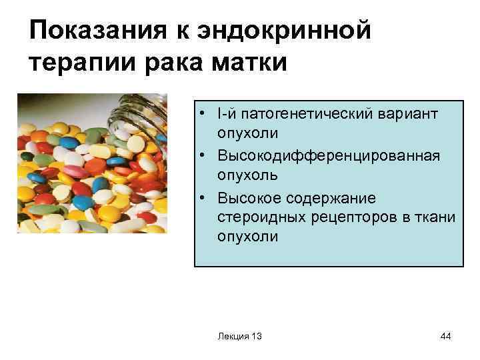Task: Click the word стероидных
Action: pos(257,217)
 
